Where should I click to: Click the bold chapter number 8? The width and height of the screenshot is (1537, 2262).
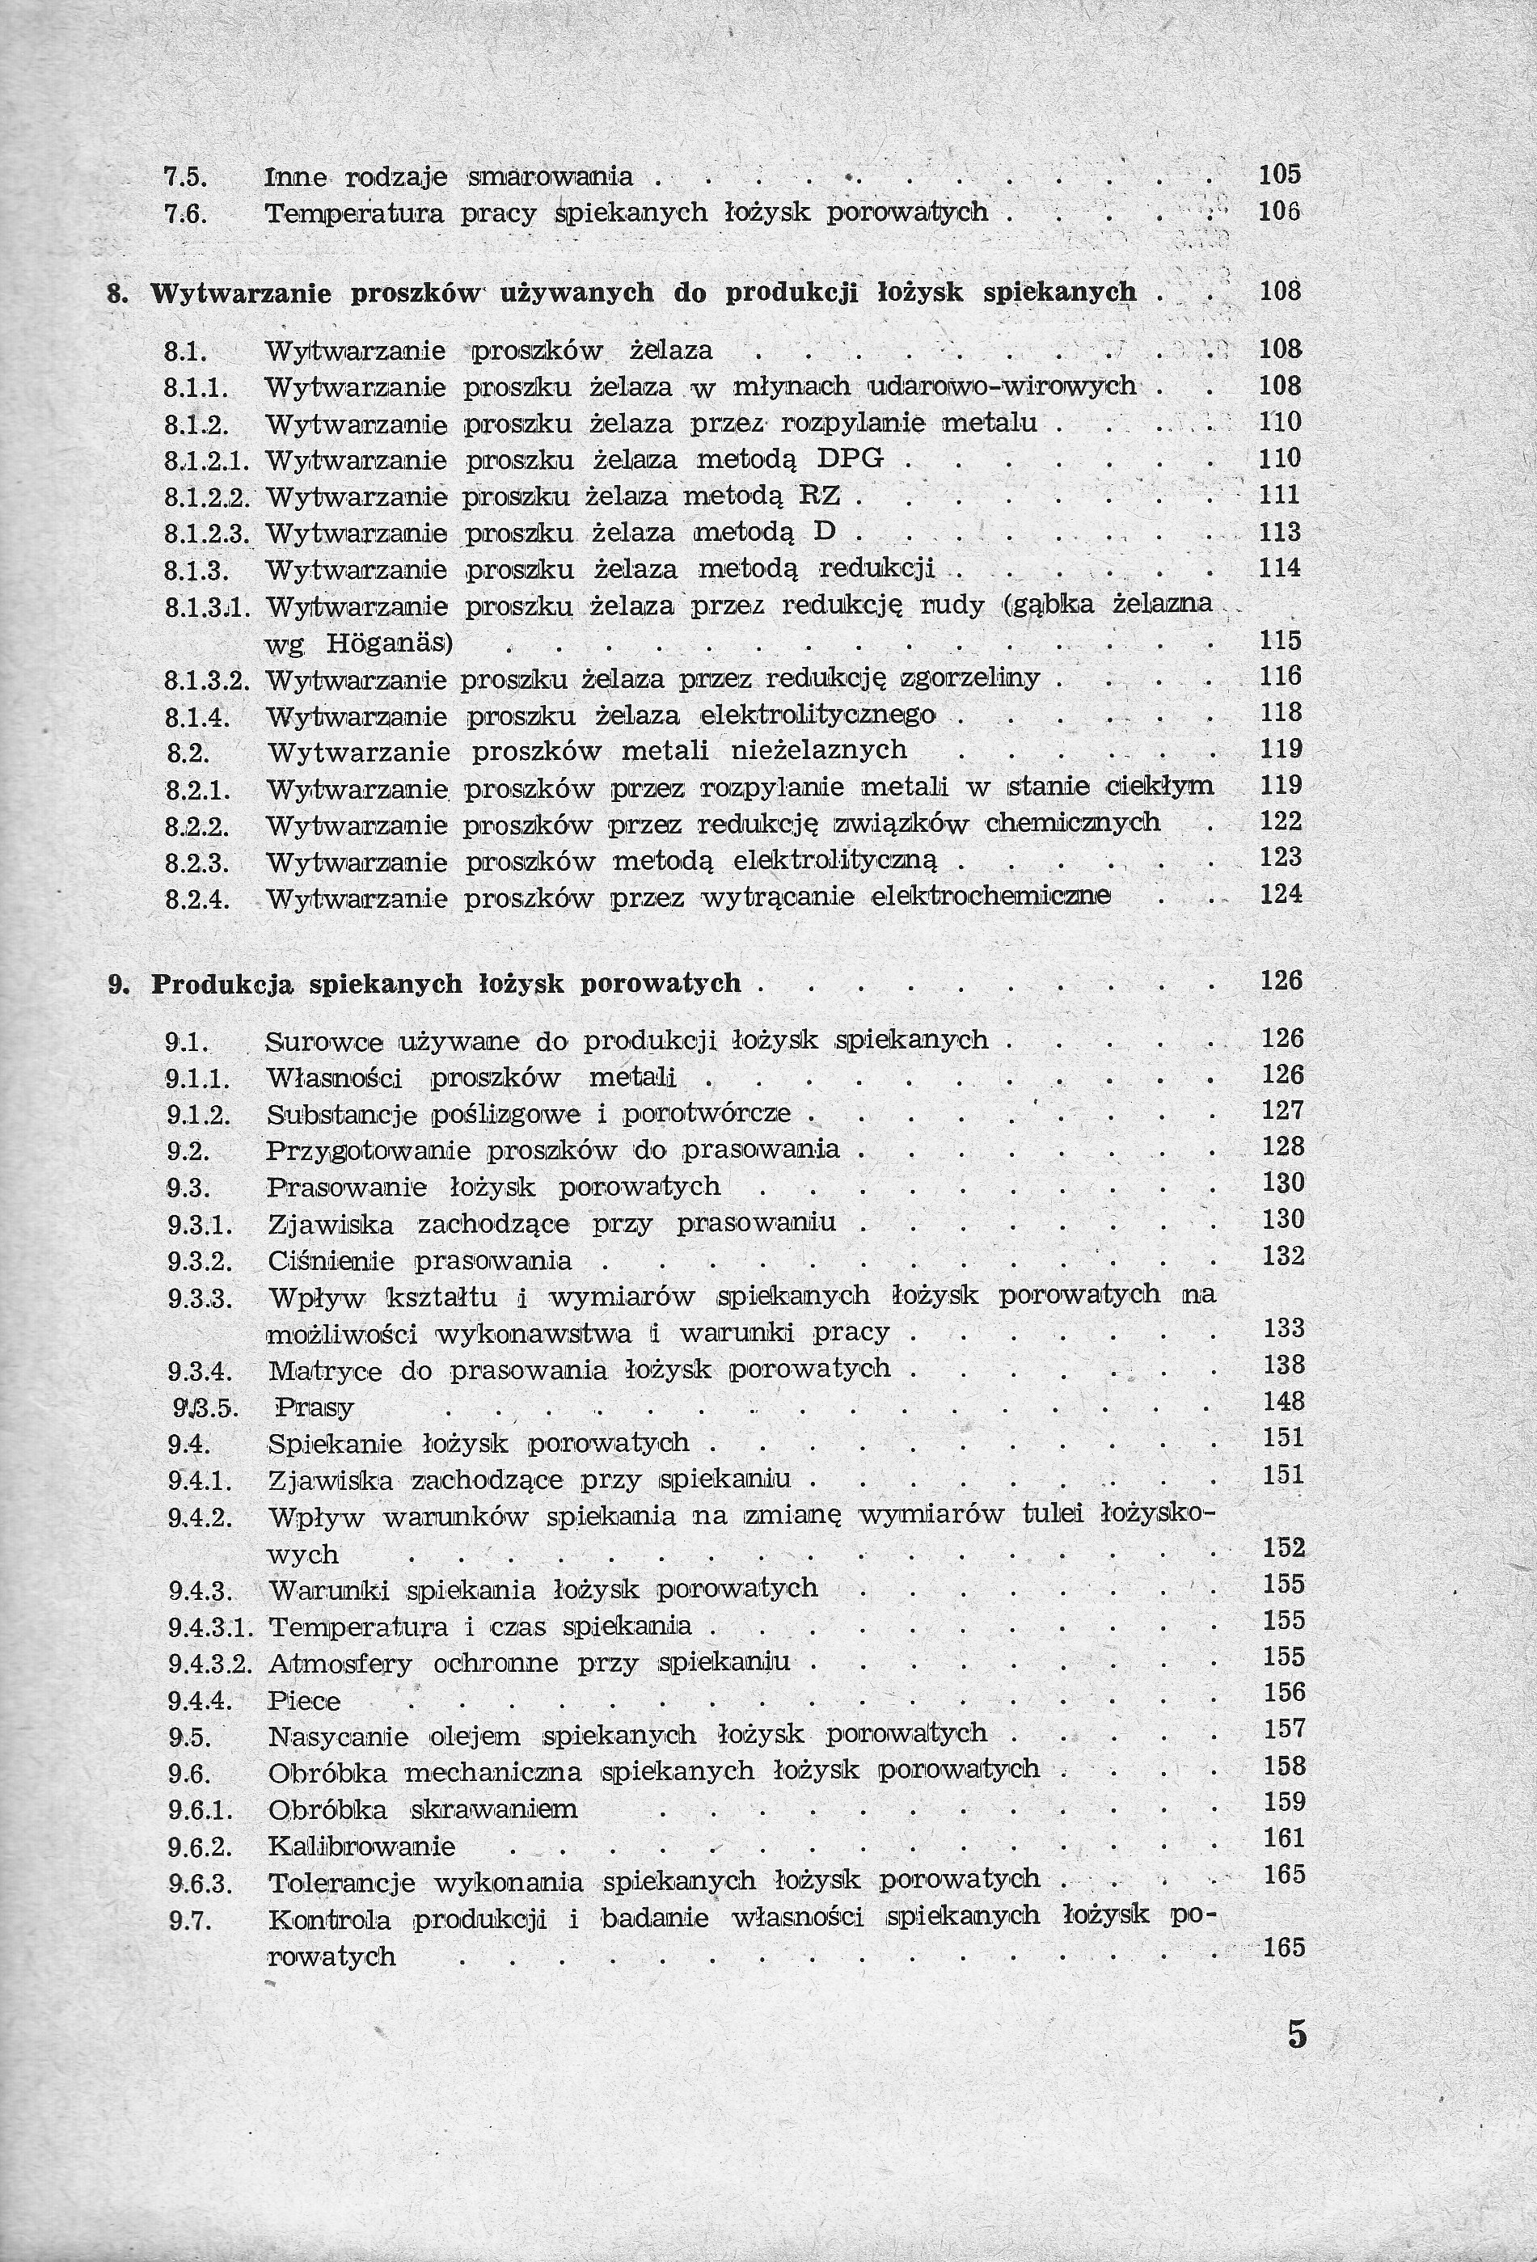tap(114, 293)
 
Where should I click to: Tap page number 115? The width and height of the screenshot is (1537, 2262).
tap(1280, 640)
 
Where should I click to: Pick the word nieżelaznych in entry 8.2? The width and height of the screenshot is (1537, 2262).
tap(819, 750)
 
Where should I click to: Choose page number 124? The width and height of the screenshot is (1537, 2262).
tap(1281, 893)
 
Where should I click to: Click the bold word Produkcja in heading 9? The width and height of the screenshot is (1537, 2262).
tap(224, 983)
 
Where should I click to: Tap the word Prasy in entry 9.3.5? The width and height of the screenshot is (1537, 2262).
tap(314, 1407)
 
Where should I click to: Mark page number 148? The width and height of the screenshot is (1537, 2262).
tap(1282, 1402)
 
